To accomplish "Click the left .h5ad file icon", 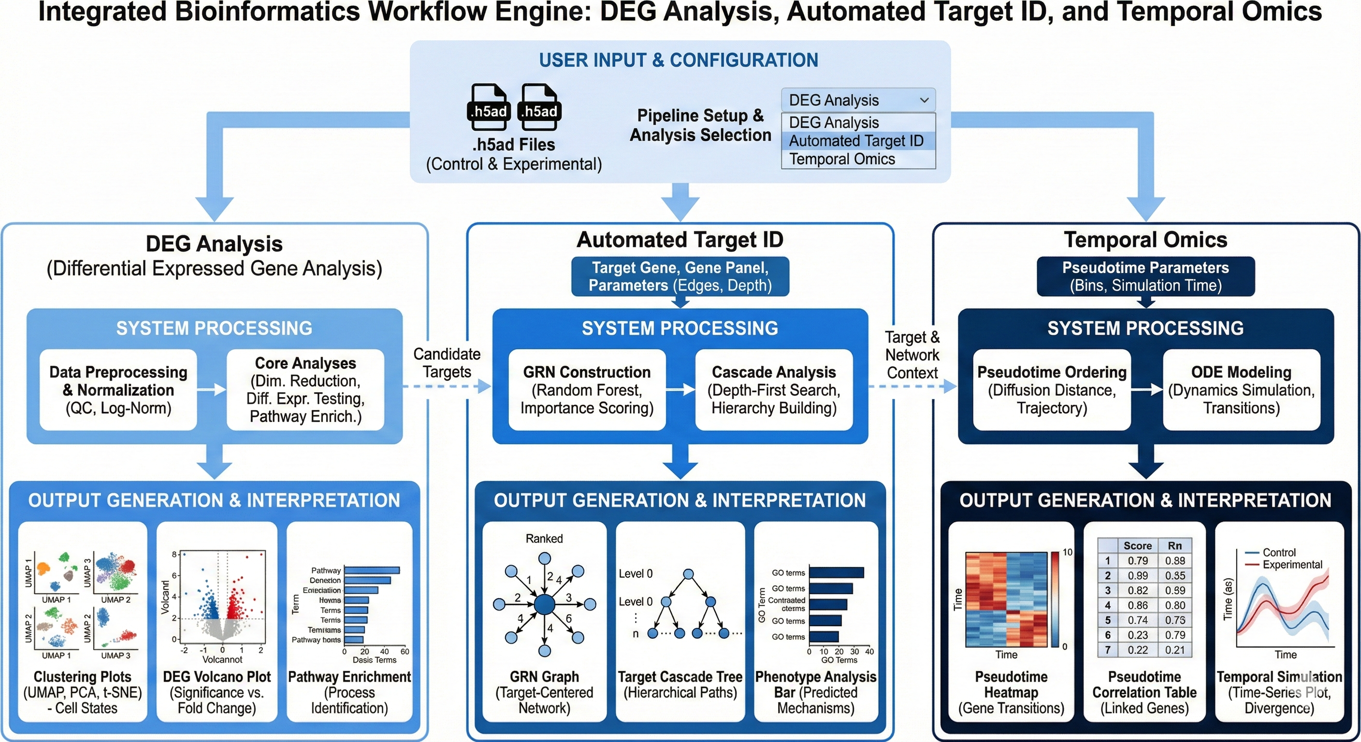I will pos(489,107).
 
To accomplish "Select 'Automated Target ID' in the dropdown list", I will pos(856,141).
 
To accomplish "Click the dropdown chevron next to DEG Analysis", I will pos(924,100).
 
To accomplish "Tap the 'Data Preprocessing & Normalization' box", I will pos(118,390).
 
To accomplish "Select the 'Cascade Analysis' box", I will pos(773,390).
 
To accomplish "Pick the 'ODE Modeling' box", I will pos(1241,390).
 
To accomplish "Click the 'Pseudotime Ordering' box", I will pos(1051,390).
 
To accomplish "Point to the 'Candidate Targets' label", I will pos(447,363).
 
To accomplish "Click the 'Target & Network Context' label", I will pos(912,355).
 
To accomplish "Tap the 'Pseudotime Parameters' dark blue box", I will pos(1145,276).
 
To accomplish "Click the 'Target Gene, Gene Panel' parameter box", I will pos(680,276).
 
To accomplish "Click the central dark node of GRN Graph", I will pos(544,605).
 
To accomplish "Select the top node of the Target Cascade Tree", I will pos(688,574).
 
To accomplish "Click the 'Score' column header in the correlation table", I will pos(1138,545).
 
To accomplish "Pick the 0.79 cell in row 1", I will pos(1138,560).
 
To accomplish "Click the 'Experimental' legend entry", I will pos(1292,565).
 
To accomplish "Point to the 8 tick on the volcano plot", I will pos(174,555).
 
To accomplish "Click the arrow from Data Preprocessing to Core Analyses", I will pos(211,390).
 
